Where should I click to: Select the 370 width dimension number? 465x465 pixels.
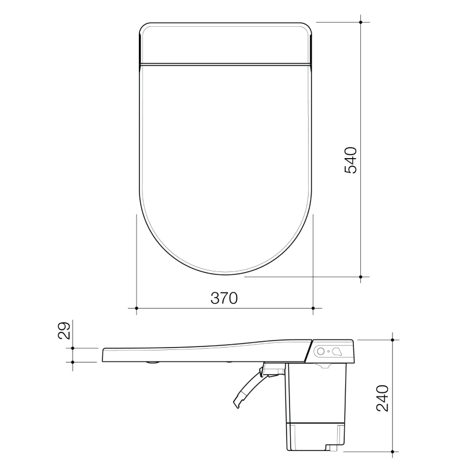224,298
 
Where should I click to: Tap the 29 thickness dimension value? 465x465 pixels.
65,330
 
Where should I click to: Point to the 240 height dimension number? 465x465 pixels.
382,398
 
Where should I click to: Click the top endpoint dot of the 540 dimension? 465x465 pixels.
361,22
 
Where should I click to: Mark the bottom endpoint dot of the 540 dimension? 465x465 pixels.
361,277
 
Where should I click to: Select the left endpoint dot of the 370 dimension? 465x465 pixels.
136,307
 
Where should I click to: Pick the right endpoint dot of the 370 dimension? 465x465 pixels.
313,307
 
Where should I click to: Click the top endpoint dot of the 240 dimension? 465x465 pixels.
394,339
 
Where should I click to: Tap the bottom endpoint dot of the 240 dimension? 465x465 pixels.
394,450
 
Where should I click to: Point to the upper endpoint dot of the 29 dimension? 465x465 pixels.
72,348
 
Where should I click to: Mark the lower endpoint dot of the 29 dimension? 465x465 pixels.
72,362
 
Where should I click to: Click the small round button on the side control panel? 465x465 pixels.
321,351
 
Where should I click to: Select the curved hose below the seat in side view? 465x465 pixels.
247,388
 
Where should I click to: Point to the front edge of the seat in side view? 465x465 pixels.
103,355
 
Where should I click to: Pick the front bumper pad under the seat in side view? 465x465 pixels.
153,363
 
